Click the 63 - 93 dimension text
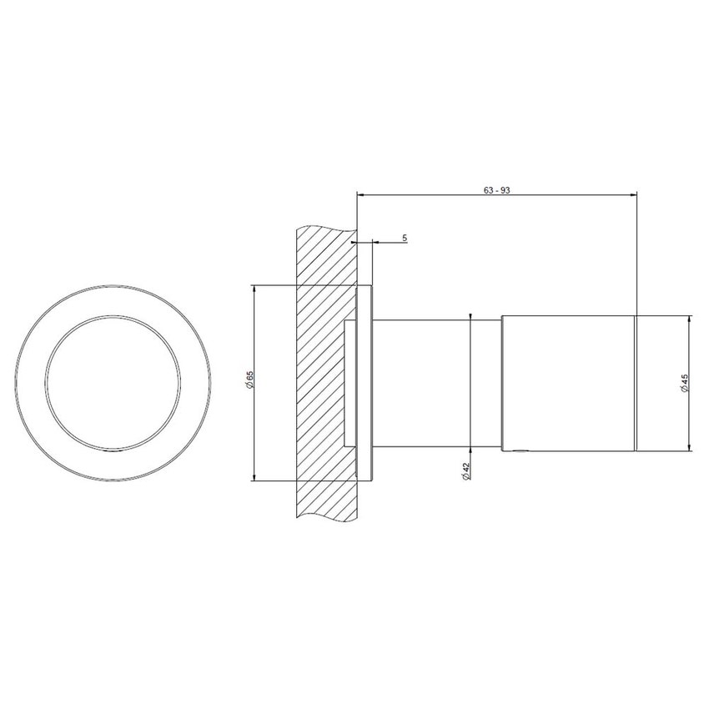(496, 190)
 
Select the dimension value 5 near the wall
(405, 239)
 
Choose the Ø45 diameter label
(684, 384)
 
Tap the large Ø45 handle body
(567, 383)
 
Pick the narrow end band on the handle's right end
(637, 383)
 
